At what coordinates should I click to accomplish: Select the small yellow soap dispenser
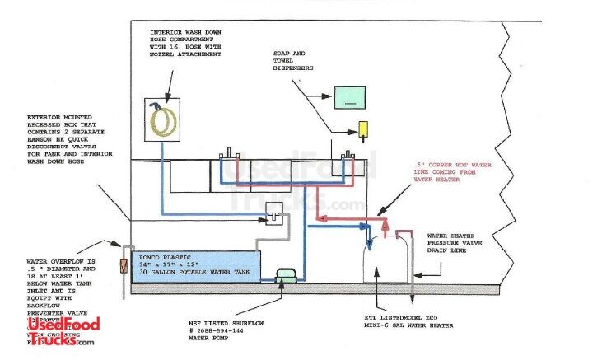pos(362,129)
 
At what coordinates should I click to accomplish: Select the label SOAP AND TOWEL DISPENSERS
pos(296,62)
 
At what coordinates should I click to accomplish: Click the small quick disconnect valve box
pos(273,215)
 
